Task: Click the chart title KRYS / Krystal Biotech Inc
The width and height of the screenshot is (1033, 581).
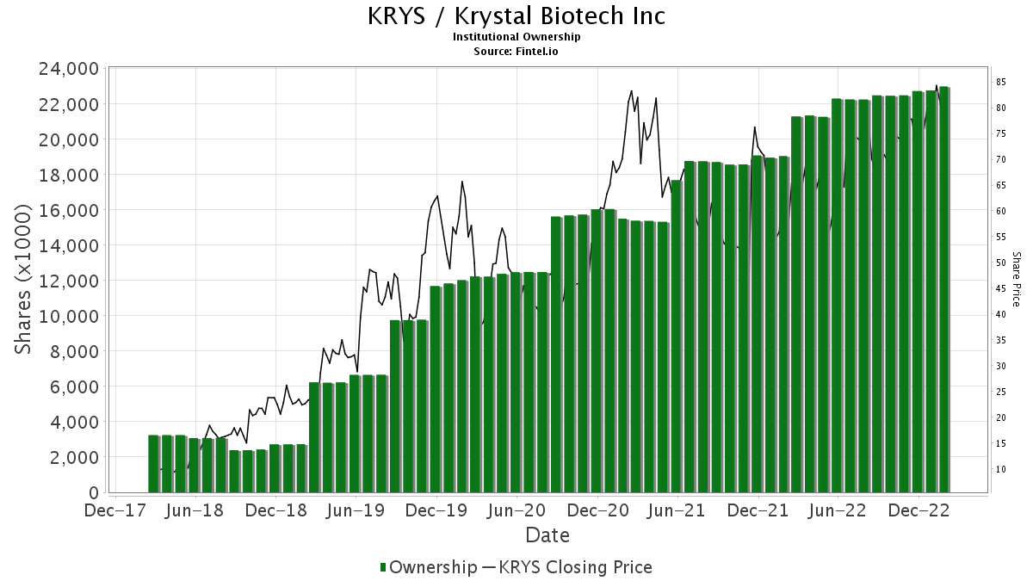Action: (x=516, y=16)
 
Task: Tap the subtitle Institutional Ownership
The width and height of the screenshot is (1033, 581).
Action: (x=516, y=37)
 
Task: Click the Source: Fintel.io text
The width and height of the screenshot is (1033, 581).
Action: (x=516, y=51)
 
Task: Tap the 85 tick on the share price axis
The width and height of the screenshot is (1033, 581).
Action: (x=1002, y=82)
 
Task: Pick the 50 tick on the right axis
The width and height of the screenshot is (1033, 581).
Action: (x=1002, y=263)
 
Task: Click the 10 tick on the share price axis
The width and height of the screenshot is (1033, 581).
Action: (x=1002, y=469)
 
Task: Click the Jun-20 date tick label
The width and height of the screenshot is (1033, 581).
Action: (x=516, y=510)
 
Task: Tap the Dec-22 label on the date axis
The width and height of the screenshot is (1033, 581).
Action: (x=919, y=510)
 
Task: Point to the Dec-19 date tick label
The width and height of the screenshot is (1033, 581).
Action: (x=436, y=510)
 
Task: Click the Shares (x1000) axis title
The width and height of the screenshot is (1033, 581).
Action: (x=24, y=280)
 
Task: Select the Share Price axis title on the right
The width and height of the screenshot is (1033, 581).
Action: (x=1017, y=279)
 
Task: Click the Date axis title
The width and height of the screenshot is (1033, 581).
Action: (x=547, y=535)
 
